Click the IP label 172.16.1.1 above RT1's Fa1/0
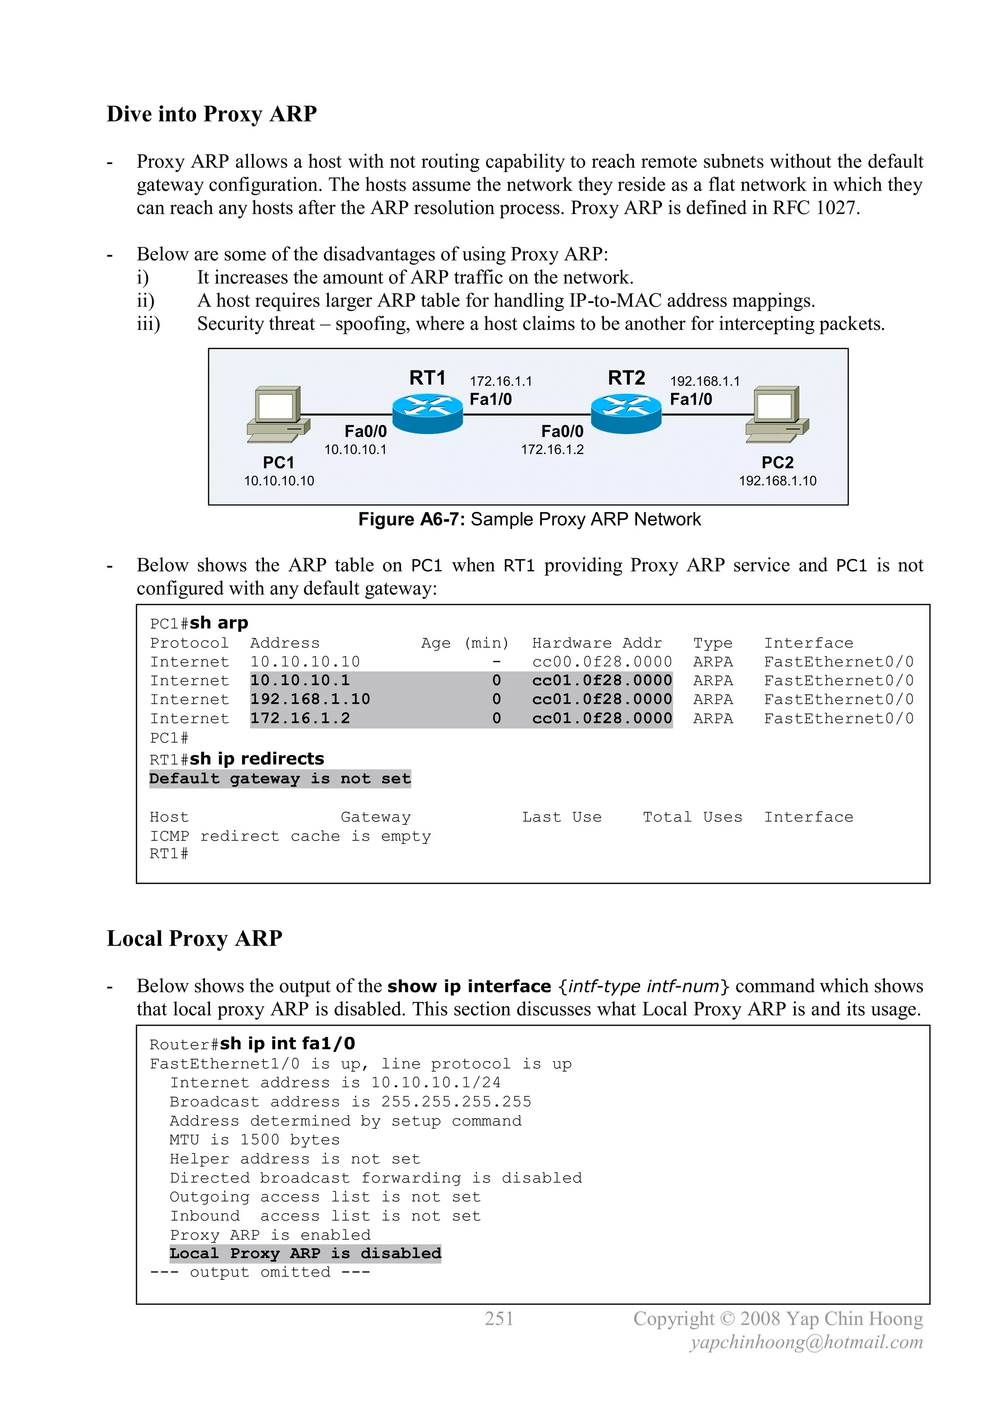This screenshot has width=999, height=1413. [501, 382]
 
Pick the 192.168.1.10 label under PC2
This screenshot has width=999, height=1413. [778, 481]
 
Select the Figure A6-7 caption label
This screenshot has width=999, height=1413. [529, 519]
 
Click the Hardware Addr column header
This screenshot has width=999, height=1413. [597, 643]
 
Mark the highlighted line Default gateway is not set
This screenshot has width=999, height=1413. [280, 779]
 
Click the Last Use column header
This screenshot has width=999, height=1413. [561, 817]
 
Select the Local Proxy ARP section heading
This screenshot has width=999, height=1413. [195, 939]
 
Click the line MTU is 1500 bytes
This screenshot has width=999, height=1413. [255, 1140]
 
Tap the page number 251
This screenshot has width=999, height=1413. [499, 1319]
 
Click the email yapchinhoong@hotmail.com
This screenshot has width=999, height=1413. [806, 1342]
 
